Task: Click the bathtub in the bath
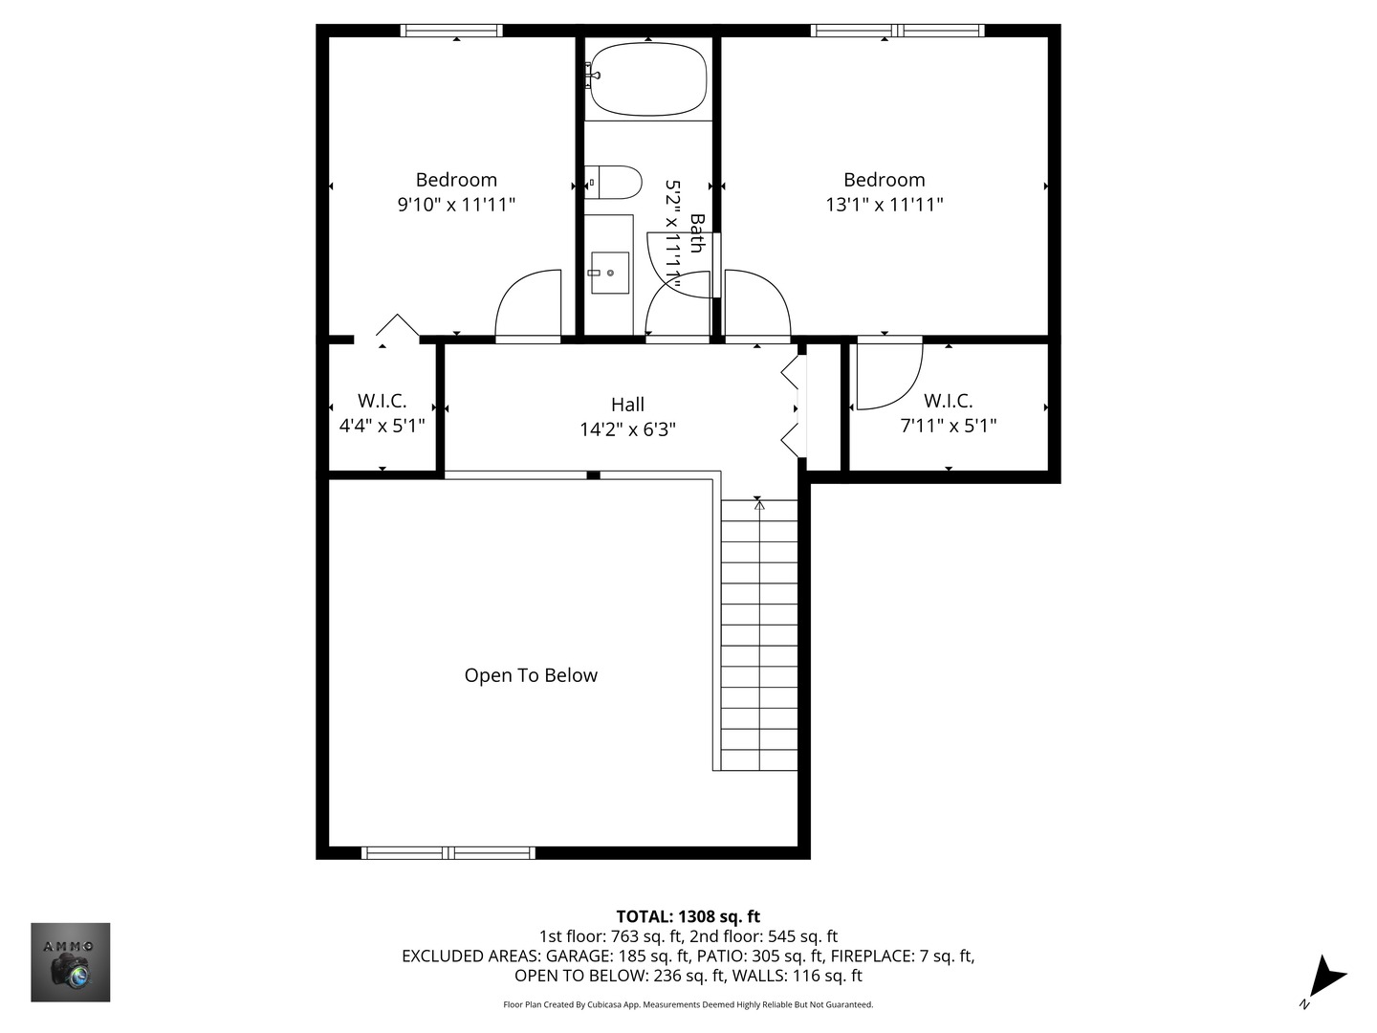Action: [x=648, y=79]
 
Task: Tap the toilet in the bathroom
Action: [x=614, y=182]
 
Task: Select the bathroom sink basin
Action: [x=609, y=273]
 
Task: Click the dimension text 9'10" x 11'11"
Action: [x=456, y=204]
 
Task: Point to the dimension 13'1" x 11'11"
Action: [x=884, y=204]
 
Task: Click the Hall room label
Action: [x=627, y=405]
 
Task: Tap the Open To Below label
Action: [x=531, y=675]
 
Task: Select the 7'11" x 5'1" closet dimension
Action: [x=948, y=426]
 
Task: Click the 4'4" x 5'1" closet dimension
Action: [x=382, y=426]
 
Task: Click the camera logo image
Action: [x=71, y=962]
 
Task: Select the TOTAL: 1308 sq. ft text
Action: [x=688, y=916]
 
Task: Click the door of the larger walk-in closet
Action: [x=887, y=373]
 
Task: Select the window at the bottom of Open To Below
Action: [x=448, y=852]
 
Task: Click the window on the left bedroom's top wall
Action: [x=451, y=31]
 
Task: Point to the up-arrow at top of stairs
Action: [x=758, y=504]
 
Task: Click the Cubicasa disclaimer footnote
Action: [x=688, y=1004]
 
